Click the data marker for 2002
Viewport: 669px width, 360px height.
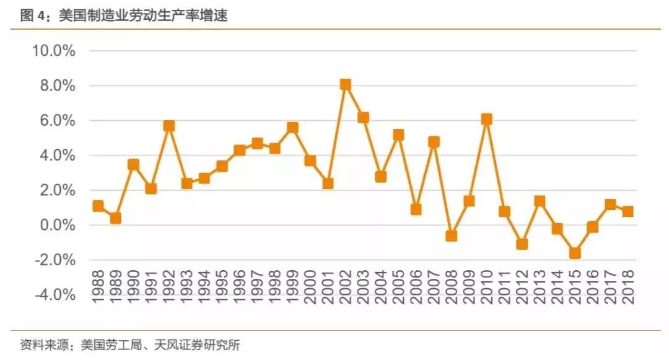[x=346, y=84]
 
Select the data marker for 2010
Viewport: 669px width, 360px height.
[x=487, y=120]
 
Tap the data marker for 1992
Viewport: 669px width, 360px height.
[x=168, y=126]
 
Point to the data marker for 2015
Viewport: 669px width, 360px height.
[x=575, y=253]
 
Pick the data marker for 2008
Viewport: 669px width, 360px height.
[x=452, y=235]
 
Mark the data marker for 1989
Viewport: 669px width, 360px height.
[x=115, y=218]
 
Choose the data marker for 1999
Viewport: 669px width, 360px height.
[x=292, y=128]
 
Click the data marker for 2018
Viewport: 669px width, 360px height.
[x=628, y=211]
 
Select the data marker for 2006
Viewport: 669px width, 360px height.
[x=416, y=209]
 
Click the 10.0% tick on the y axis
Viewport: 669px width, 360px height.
[x=54, y=51]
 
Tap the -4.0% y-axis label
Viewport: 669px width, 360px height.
[x=55, y=295]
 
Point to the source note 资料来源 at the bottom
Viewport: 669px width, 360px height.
[x=130, y=345]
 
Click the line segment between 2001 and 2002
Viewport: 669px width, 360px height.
[x=337, y=134]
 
